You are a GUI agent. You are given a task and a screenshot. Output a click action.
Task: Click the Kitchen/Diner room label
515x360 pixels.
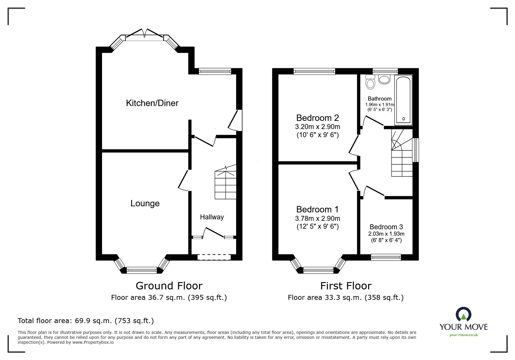[x=152, y=103]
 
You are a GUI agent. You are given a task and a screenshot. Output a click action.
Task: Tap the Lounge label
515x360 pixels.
[x=145, y=203]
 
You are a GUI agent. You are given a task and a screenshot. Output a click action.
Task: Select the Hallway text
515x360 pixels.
[x=212, y=217]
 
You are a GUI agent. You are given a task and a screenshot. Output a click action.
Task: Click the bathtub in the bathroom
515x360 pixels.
[x=403, y=99]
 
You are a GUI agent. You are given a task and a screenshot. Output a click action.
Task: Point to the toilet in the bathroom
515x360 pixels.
[x=370, y=82]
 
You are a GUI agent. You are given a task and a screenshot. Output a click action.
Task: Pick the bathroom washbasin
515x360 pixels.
[x=384, y=79]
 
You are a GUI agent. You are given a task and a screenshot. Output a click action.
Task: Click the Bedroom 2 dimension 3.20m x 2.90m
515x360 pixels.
[x=317, y=127]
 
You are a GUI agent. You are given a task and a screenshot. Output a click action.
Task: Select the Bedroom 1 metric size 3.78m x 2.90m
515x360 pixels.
[x=317, y=218]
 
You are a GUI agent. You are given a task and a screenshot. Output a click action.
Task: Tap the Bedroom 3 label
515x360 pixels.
[x=386, y=227]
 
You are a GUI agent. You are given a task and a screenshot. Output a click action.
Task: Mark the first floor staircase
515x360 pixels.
[x=402, y=154]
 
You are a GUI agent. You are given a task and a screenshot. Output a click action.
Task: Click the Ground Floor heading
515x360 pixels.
[x=169, y=286]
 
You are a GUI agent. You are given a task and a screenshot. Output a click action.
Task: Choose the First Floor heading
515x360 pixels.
[x=346, y=286]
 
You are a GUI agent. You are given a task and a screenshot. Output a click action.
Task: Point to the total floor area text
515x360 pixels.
[x=86, y=321]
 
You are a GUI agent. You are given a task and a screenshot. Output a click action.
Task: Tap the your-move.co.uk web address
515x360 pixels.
[x=464, y=335]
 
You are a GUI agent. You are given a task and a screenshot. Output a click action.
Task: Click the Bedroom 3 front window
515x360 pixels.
[x=386, y=257]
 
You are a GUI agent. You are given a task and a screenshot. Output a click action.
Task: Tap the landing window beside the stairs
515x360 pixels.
[x=416, y=150]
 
